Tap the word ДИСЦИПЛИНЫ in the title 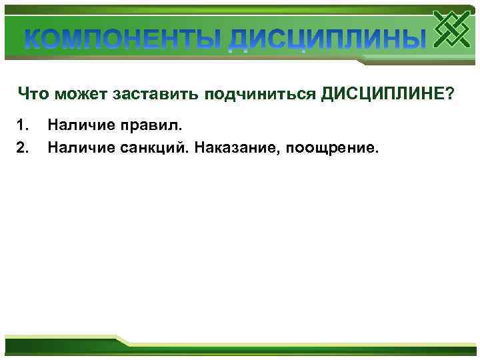(x=326, y=39)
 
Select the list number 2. (x=23, y=145)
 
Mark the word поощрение (x=332, y=145)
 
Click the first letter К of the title (x=34, y=39)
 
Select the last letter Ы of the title (x=413, y=39)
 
